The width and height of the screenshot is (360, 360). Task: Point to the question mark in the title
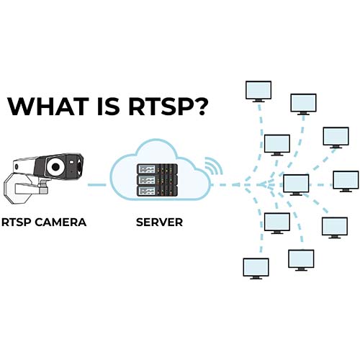199,106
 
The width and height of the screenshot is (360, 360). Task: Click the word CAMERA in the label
60,222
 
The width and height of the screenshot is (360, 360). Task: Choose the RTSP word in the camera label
17,222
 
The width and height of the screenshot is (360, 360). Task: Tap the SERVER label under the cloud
159,222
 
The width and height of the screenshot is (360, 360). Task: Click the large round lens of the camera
56,166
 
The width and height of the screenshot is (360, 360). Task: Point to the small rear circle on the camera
17,166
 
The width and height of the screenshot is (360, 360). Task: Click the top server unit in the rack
157,169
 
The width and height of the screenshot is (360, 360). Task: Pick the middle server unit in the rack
157,180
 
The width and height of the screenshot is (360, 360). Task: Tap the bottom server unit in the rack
157,191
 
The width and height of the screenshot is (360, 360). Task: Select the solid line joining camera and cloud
96,184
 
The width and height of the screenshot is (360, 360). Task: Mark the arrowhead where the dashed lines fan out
262,184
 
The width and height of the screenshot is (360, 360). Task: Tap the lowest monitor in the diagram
256,269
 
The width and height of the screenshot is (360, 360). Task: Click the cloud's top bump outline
156,140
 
